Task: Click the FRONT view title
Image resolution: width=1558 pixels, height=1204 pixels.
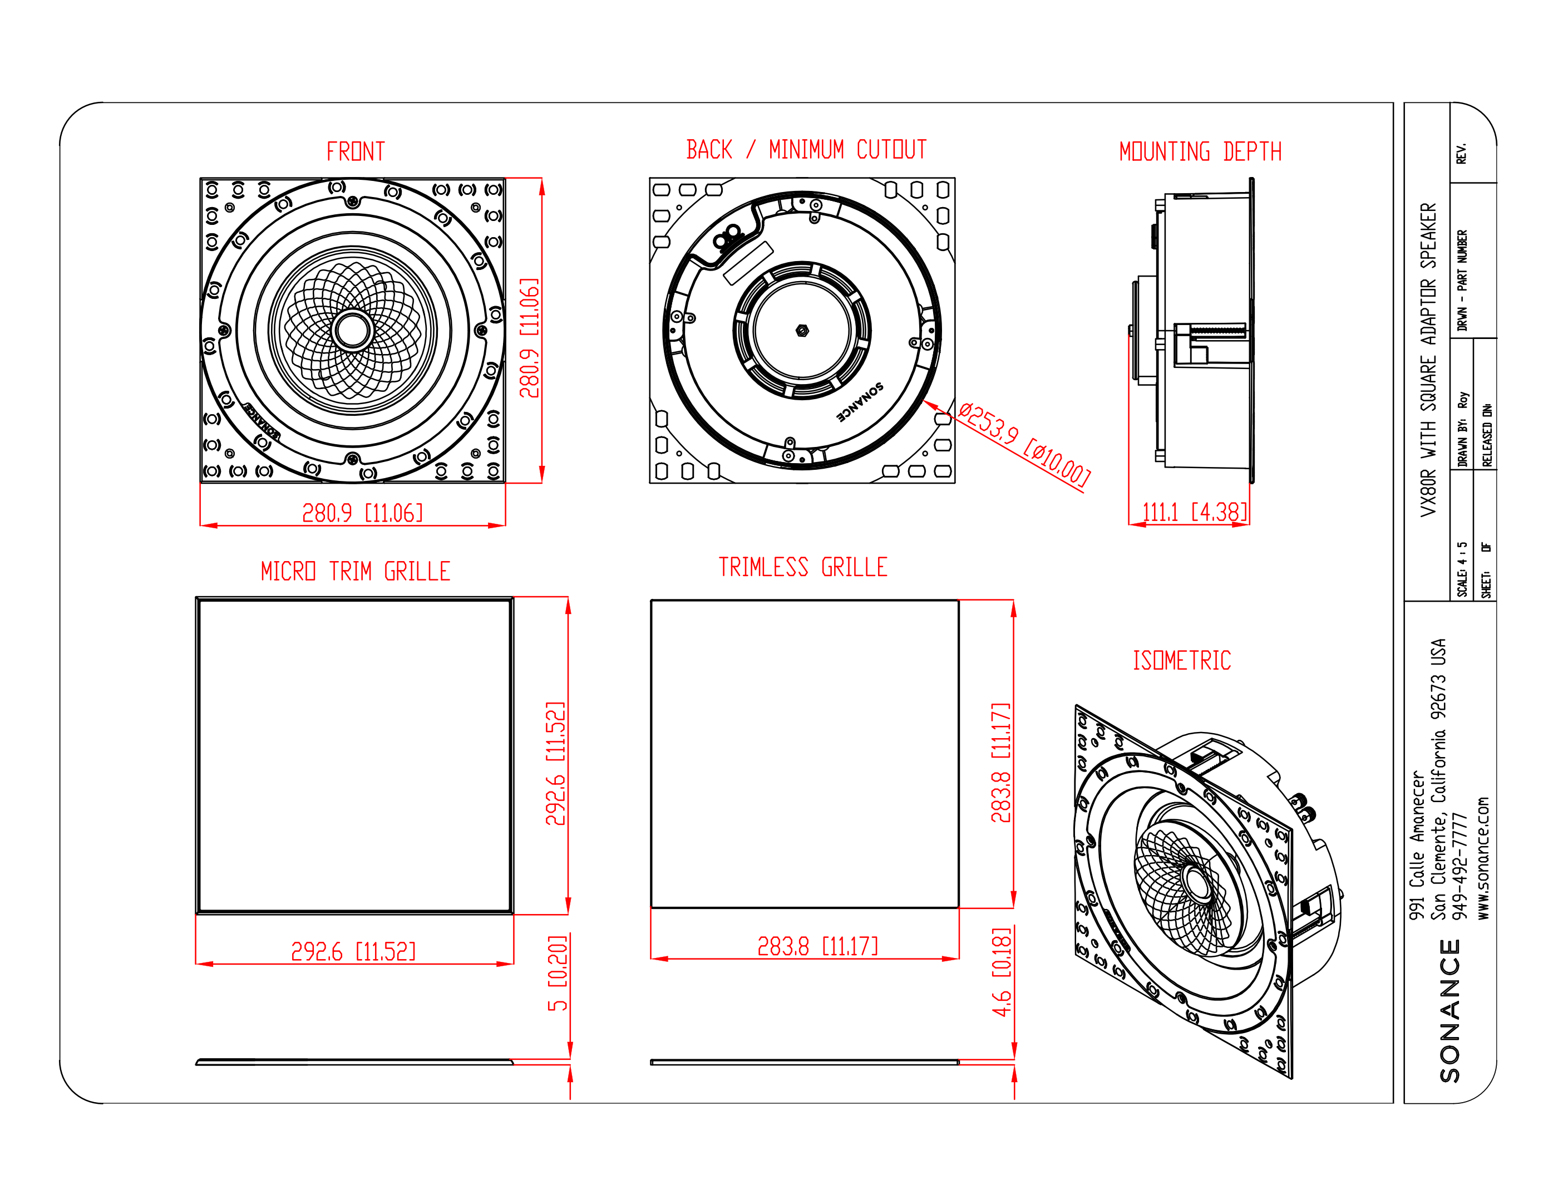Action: pos(355,151)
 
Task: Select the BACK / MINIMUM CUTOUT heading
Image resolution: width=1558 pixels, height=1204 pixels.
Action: pos(806,149)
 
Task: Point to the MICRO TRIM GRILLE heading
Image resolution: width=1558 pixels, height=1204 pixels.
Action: pos(355,571)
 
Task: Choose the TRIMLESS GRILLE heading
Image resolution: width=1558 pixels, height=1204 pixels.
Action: pos(802,567)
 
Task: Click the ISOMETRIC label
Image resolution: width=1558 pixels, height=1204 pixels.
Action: pos(1181,660)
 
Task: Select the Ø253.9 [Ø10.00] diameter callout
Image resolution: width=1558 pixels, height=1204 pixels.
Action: pos(1024,445)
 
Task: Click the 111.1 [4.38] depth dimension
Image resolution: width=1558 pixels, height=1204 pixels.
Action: pos(1195,512)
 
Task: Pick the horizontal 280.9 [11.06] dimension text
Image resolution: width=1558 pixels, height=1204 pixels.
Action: pos(362,513)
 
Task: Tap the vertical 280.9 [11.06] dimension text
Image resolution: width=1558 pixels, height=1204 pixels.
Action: pos(529,337)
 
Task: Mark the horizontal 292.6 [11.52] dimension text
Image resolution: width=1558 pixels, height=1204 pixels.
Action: pos(353,951)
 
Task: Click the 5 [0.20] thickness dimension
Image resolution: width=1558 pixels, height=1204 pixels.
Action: pos(557,974)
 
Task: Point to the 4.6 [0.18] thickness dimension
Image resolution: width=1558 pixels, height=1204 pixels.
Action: pos(1002,972)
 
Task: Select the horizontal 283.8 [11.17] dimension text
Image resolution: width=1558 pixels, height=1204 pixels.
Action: pos(817,946)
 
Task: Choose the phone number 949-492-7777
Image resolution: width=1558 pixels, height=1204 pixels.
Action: pos(1460,867)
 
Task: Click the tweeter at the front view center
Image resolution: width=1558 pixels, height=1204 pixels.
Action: pos(352,330)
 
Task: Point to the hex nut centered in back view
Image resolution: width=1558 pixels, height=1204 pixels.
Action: pos(802,331)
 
